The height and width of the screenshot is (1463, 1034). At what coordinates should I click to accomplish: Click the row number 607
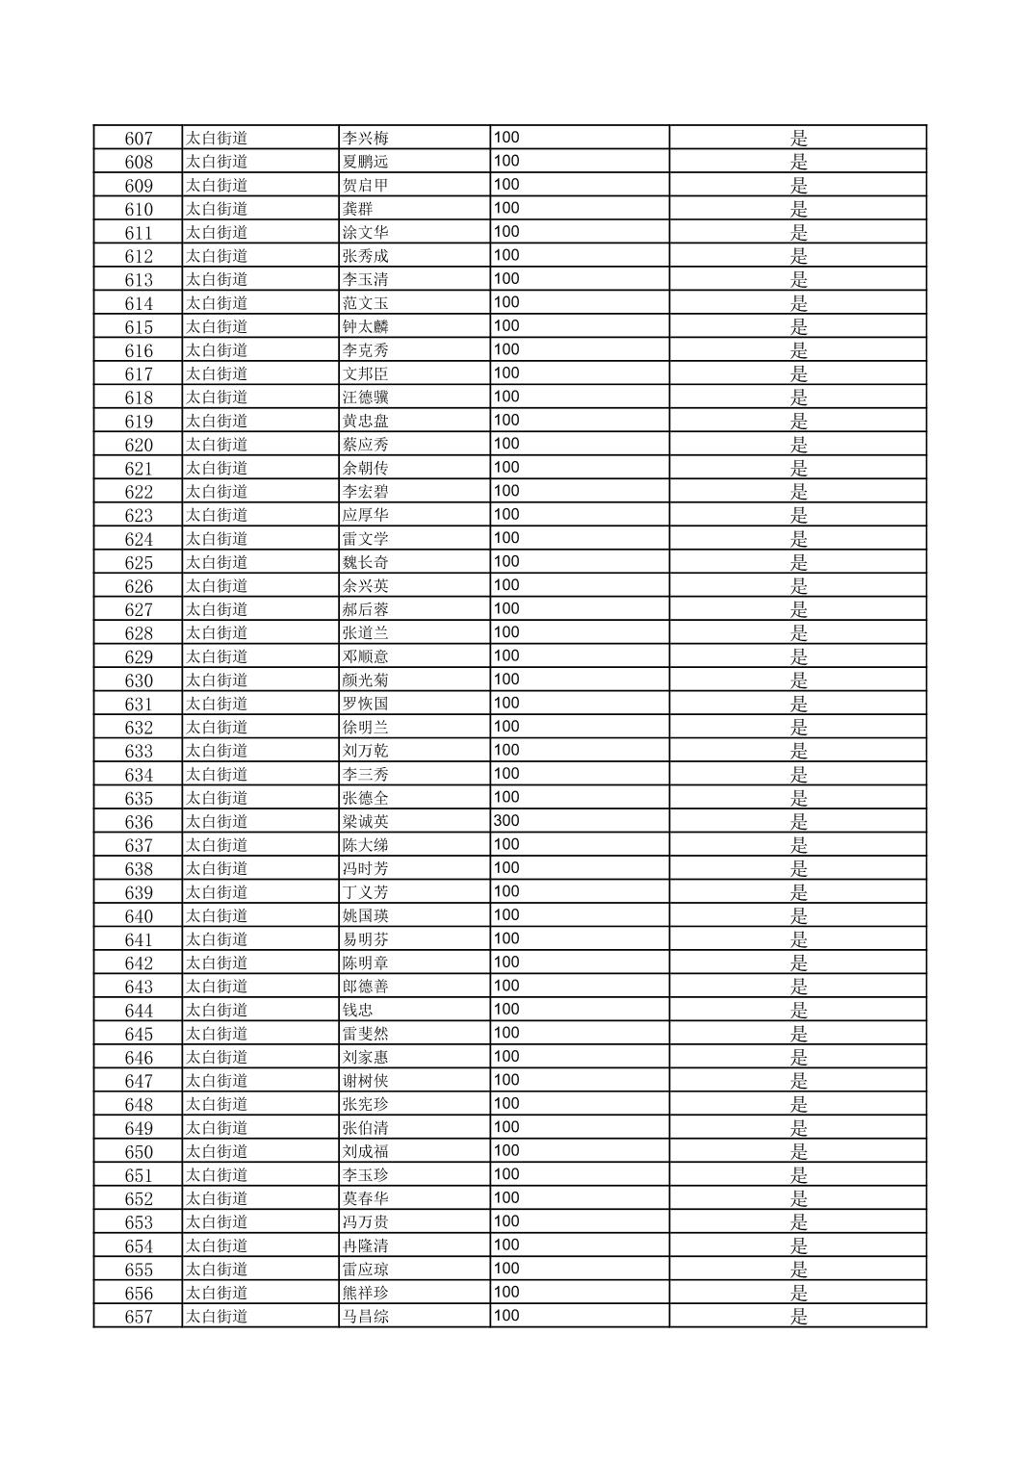(139, 139)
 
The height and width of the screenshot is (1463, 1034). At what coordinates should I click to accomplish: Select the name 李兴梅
(366, 139)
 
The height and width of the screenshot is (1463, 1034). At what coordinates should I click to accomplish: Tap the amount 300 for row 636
(506, 821)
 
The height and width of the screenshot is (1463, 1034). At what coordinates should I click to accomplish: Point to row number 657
(139, 1317)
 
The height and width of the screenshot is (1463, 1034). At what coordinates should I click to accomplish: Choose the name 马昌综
(366, 1317)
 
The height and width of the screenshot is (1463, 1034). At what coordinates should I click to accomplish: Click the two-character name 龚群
(358, 209)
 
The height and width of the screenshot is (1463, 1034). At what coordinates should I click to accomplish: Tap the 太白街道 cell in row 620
(217, 445)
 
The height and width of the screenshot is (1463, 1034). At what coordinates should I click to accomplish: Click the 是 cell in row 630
(799, 680)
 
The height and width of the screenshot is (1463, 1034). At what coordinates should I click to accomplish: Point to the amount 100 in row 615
(506, 326)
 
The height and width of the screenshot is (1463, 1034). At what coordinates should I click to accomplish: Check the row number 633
(139, 751)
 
